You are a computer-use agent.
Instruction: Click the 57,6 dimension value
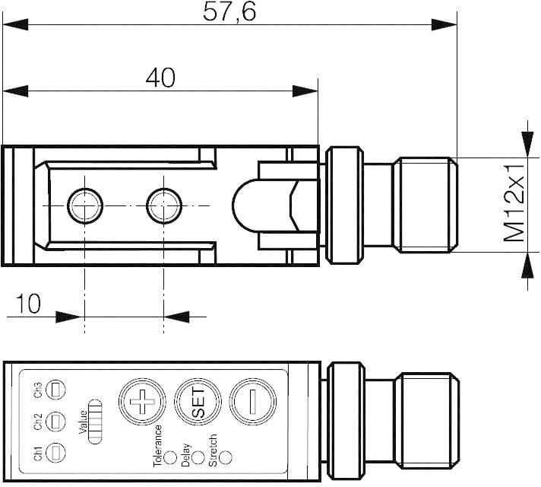pyautogui.click(x=229, y=11)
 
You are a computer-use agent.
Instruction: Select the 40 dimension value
pyautogui.click(x=160, y=78)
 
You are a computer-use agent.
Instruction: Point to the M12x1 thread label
pyautogui.click(x=514, y=203)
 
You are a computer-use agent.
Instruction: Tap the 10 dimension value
pyautogui.click(x=28, y=304)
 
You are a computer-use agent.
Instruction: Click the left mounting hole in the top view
pyautogui.click(x=85, y=205)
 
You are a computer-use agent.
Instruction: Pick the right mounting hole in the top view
pyautogui.click(x=164, y=205)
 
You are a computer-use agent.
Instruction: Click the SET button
pyautogui.click(x=198, y=402)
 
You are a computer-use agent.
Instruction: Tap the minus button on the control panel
pyautogui.click(x=253, y=402)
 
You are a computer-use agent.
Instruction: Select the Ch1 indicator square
pyautogui.click(x=55, y=453)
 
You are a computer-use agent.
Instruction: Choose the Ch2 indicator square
pyautogui.click(x=55, y=422)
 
